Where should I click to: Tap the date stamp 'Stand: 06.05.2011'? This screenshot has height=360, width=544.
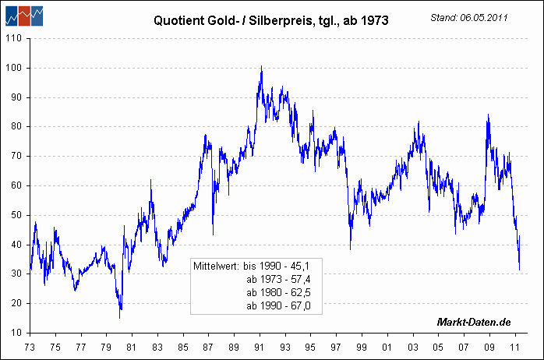tap(469, 17)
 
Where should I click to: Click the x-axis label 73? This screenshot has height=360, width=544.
tap(30, 347)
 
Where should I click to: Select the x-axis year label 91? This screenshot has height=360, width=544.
tap(259, 347)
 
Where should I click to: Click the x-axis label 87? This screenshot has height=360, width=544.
tap(208, 347)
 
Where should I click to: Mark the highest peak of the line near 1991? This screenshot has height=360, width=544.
tap(262, 66)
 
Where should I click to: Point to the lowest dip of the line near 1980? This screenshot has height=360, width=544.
tap(120, 317)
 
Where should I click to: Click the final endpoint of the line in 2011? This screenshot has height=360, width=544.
tap(520, 270)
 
